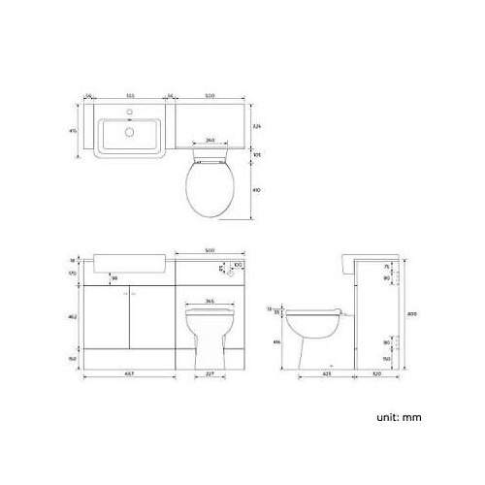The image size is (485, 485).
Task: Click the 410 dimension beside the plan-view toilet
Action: pos(257,190)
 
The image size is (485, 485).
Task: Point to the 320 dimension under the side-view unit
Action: pos(375,375)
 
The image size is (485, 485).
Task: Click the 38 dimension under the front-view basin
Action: pos(114,277)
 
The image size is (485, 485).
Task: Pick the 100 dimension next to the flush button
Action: pos(237,264)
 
